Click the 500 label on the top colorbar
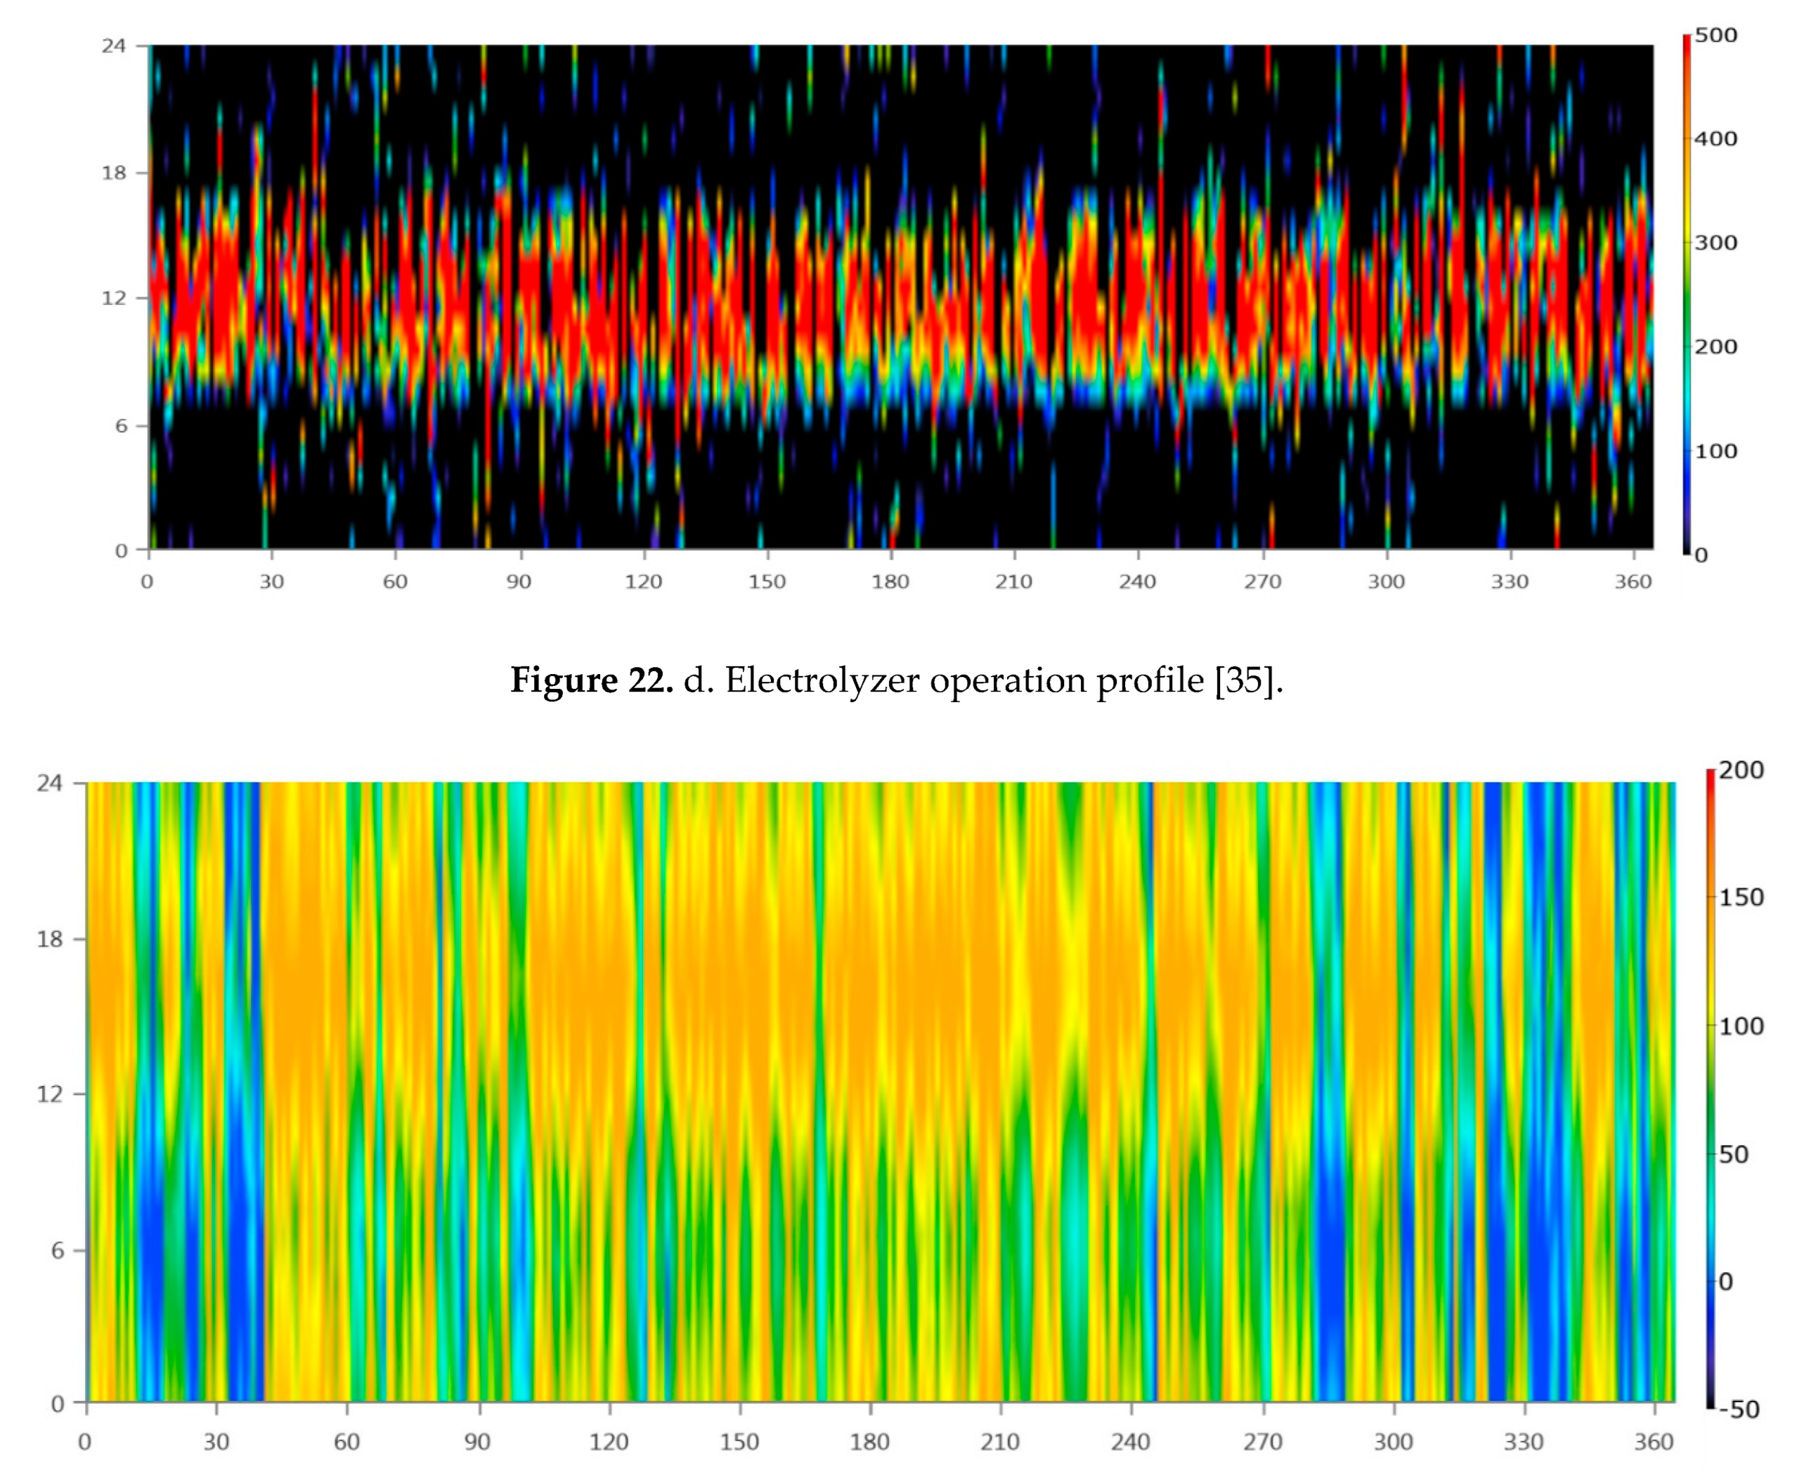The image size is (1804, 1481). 1715,36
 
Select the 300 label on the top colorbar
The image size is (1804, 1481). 1715,243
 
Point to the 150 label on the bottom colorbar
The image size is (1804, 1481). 1740,898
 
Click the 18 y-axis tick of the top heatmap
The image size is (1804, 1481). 113,173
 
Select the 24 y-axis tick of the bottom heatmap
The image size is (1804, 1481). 49,783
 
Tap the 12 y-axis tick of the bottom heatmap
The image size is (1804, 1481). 49,1094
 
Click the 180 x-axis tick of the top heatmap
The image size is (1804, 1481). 890,582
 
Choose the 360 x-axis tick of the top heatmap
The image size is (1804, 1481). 1633,582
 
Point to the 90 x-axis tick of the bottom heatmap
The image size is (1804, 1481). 478,1442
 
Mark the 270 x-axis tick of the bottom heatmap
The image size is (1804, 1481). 1262,1442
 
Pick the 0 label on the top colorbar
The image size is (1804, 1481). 1701,555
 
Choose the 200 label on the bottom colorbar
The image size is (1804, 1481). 1740,770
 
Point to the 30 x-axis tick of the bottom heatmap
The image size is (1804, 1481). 216,1442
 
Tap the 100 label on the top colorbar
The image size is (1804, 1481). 1715,451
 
